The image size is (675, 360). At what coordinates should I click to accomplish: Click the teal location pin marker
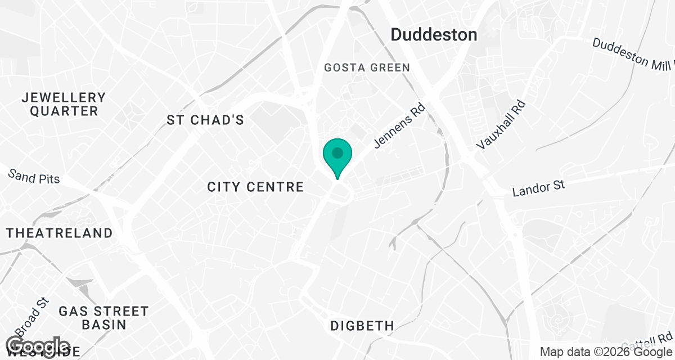pos(337,157)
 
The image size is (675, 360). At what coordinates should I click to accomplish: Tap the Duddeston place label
pos(434,34)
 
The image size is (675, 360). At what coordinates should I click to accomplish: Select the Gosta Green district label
pos(367,67)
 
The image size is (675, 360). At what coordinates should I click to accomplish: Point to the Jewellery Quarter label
pos(64,104)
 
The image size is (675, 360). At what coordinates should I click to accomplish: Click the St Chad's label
pos(205,120)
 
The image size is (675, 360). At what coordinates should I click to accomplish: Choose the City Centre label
pos(255,187)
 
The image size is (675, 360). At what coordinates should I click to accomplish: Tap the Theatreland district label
pos(59,233)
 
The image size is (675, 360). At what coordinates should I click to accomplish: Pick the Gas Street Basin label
pos(104,318)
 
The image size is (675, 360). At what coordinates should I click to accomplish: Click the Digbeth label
pos(362,326)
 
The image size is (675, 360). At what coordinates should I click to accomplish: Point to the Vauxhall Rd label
pos(500,125)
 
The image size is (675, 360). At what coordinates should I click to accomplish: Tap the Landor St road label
pos(538,188)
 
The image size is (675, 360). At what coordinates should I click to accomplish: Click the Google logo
pos(38,347)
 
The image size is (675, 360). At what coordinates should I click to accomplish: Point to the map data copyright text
pos(605,352)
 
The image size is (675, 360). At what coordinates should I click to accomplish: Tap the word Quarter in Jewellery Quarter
pos(64,111)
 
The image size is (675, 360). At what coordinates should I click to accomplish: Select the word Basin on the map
pos(104,325)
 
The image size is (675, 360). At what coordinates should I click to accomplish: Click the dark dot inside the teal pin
pos(337,152)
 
